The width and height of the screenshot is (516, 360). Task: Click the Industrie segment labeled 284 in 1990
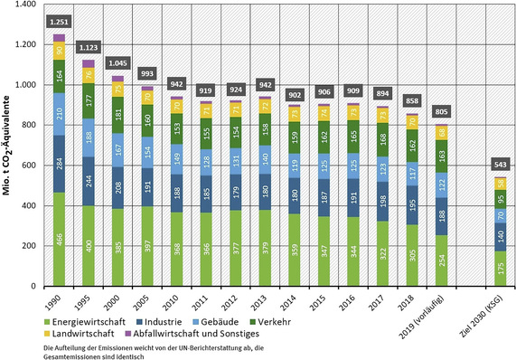point(60,164)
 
